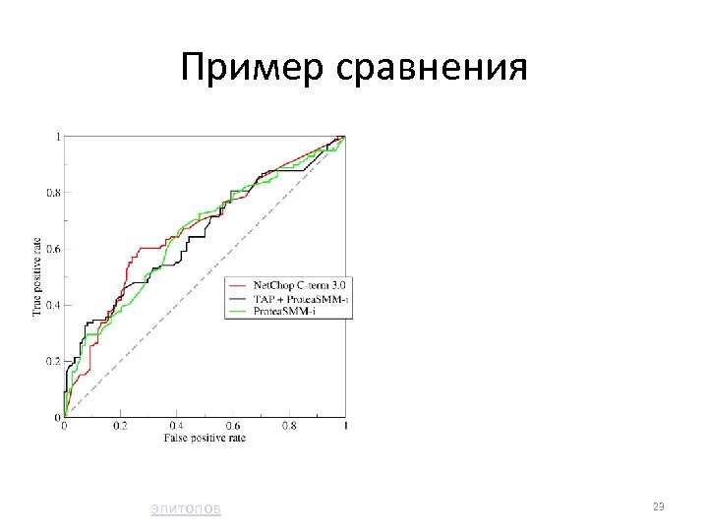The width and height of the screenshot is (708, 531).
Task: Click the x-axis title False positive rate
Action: pos(204,438)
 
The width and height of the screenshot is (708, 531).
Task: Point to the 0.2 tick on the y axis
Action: pos(53,362)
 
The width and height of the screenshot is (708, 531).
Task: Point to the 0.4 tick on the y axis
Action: pos(53,306)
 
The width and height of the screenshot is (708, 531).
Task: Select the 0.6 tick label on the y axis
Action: pos(53,249)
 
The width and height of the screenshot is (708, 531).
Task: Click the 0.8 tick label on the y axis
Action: pos(53,193)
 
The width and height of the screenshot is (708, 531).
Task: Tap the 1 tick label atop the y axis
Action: pos(57,136)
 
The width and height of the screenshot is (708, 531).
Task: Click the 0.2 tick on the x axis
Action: pos(120,427)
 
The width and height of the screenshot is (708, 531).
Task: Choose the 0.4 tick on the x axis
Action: pos(176,427)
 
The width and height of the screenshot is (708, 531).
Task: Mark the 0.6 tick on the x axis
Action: pos(233,427)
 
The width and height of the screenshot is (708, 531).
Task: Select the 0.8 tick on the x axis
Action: pos(289,427)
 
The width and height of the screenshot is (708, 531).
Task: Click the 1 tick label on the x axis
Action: pos(345,427)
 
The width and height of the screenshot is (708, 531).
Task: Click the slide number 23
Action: pos(659,506)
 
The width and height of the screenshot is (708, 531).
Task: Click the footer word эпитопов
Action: pos(186,508)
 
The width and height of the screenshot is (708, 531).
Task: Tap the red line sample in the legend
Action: pos(237,285)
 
